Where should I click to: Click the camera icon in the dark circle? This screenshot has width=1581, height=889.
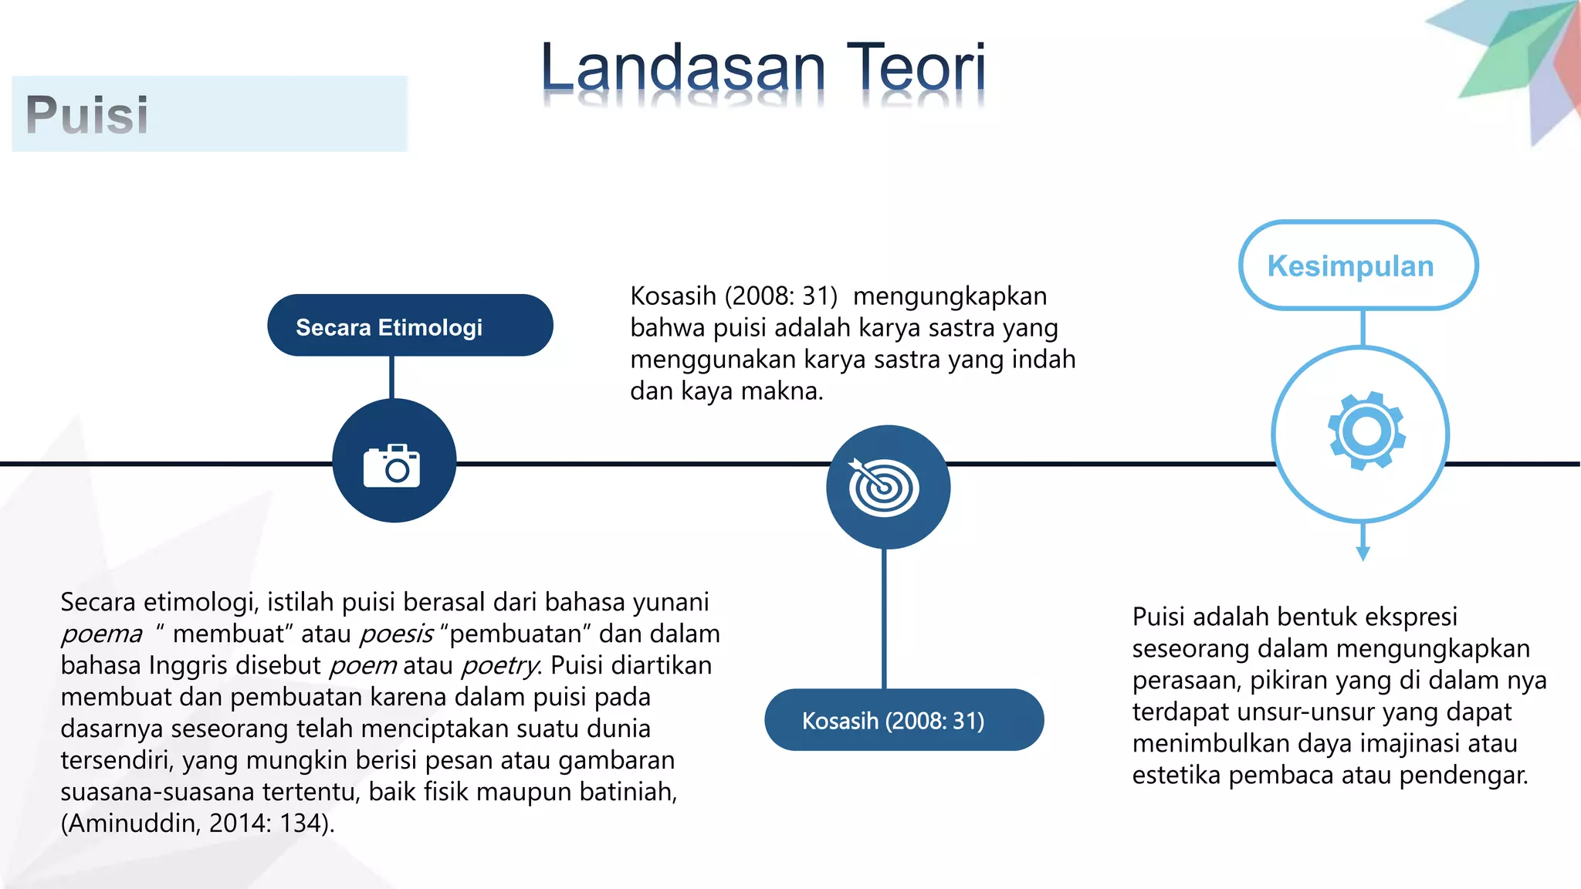(392, 465)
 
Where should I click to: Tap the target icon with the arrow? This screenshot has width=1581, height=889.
(885, 487)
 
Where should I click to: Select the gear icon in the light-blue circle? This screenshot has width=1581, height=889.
(1366, 431)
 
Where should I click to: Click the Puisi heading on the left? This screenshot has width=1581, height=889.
(87, 114)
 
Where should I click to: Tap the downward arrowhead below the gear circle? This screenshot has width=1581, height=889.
(1363, 553)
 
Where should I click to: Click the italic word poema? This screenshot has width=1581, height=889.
(102, 634)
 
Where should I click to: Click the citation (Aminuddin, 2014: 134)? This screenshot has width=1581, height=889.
(198, 823)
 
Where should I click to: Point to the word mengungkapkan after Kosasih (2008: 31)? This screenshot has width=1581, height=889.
(950, 296)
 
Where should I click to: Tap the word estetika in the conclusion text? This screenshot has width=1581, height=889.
(1176, 775)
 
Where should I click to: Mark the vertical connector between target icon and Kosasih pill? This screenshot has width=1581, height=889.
(884, 618)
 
